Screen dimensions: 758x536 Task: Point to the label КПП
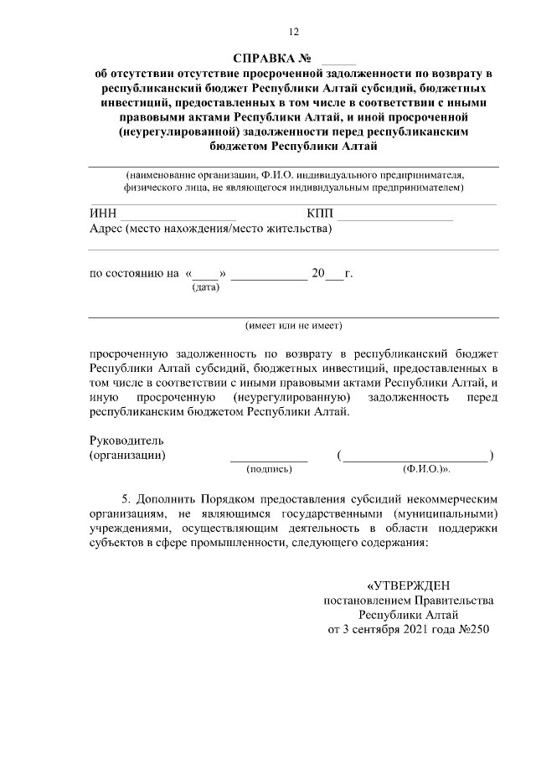[321, 214]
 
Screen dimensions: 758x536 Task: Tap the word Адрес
[106, 229]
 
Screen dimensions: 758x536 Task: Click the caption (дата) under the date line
[205, 288]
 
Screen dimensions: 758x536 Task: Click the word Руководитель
[126, 441]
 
